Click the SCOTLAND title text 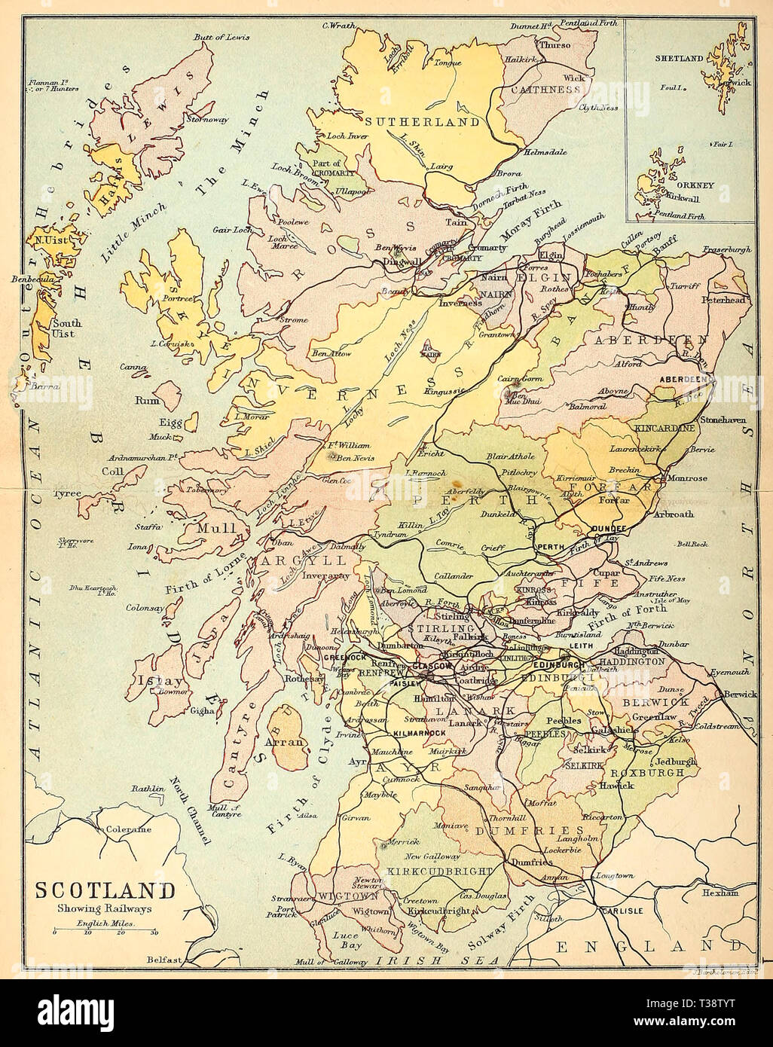(x=105, y=890)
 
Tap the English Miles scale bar (x=105, y=933)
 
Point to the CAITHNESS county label (x=546, y=89)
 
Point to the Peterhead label (x=724, y=299)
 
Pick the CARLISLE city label (x=619, y=911)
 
